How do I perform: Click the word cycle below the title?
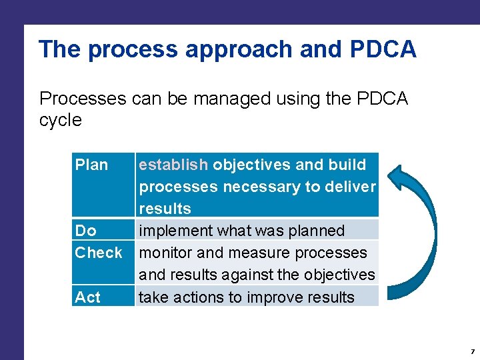(60, 120)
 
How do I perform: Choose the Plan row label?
(91, 165)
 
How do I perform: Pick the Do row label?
(85, 231)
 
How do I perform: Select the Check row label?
(99, 253)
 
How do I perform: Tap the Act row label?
(87, 297)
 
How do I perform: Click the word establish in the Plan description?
(173, 165)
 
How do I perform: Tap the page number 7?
(472, 351)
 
